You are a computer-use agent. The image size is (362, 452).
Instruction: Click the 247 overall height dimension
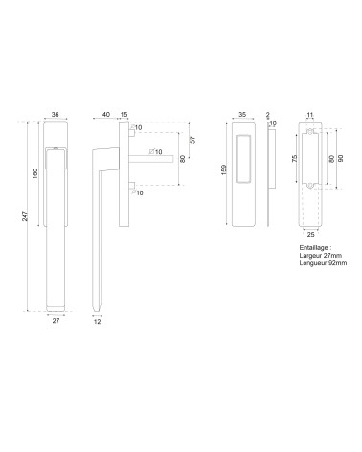(x=25, y=216)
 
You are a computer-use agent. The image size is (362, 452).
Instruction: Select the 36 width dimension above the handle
(x=56, y=114)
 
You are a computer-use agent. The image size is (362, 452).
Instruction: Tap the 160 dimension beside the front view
(x=35, y=173)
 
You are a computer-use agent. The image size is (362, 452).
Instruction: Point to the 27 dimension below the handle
(x=56, y=321)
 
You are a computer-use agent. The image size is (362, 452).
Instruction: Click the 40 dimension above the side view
(x=106, y=114)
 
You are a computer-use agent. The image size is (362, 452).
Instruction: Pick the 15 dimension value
(x=124, y=114)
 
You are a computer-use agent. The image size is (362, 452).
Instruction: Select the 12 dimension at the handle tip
(x=98, y=322)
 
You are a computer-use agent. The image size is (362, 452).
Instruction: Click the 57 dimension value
(x=192, y=140)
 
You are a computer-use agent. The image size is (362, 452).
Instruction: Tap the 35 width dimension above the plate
(x=242, y=114)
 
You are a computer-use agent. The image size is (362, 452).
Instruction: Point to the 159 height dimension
(x=224, y=169)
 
